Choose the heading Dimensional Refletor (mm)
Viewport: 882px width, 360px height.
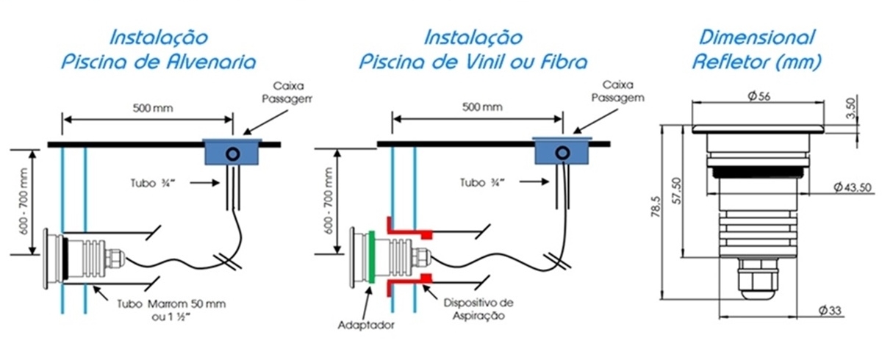click(756, 49)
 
